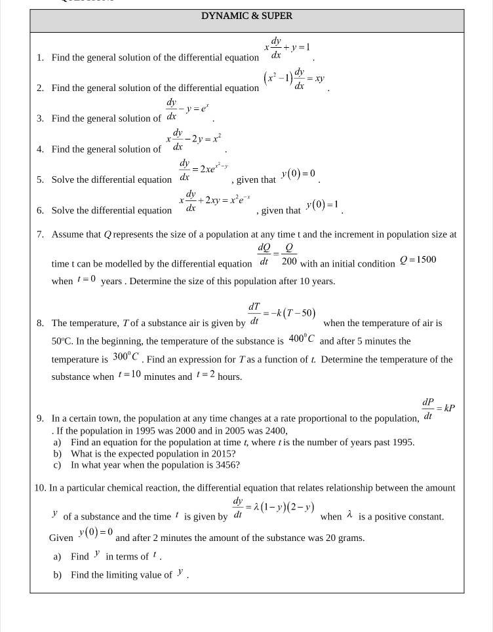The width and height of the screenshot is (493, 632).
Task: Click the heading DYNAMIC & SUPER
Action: tap(246, 16)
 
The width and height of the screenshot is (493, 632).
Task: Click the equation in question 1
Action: tap(286, 51)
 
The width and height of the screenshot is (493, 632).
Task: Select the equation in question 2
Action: tap(294, 79)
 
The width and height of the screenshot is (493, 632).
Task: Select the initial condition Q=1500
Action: tap(418, 259)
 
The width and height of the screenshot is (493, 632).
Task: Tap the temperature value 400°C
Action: tap(302, 339)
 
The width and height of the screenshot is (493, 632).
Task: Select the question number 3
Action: tap(40, 119)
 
